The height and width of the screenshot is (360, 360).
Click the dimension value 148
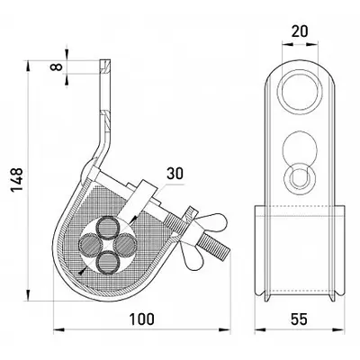click(x=16, y=180)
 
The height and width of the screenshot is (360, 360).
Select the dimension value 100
click(x=142, y=319)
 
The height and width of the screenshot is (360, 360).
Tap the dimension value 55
click(x=299, y=319)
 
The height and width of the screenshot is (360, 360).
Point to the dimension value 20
click(x=300, y=31)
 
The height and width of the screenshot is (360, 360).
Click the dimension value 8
click(x=57, y=67)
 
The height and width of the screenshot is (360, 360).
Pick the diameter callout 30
click(x=175, y=174)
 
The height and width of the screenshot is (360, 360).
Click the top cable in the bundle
click(x=107, y=227)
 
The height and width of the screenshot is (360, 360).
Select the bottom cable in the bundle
click(x=107, y=262)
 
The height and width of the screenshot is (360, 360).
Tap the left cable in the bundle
click(x=90, y=244)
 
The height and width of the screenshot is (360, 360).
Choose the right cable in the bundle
click(x=125, y=244)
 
